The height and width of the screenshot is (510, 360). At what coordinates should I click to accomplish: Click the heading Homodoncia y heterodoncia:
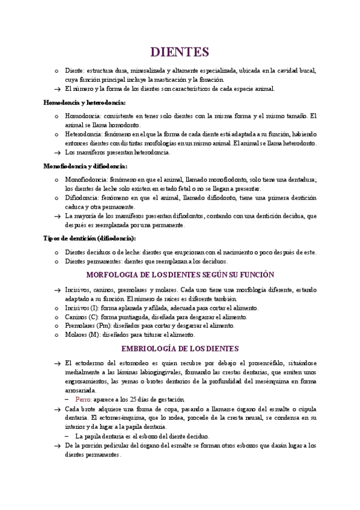point(84,102)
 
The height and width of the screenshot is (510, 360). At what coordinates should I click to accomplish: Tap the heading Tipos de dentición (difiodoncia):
point(90,238)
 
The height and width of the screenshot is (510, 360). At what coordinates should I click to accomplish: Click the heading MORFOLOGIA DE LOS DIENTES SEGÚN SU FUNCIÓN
point(180,274)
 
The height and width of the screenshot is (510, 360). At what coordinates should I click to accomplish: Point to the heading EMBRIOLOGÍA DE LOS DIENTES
point(180,348)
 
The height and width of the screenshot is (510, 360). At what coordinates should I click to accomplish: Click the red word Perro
point(84,399)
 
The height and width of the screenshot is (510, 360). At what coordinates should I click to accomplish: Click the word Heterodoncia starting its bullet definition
point(84,134)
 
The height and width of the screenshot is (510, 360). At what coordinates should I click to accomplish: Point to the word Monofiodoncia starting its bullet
point(87,179)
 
